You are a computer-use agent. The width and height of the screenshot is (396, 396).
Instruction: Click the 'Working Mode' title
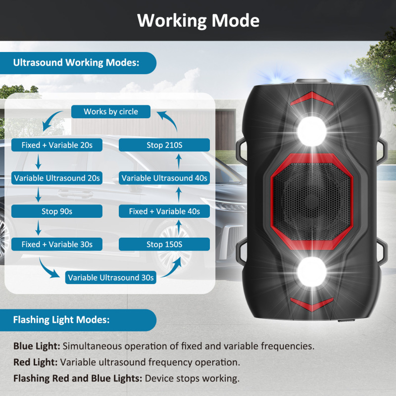[x=198, y=20]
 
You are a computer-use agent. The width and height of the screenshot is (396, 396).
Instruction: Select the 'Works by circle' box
[x=111, y=111]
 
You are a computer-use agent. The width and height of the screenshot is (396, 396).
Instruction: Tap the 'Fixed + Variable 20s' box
[x=57, y=145]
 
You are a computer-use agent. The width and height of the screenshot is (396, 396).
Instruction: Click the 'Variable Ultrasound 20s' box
[x=57, y=178]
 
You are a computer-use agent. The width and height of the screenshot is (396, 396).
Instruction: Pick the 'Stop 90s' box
[x=57, y=211]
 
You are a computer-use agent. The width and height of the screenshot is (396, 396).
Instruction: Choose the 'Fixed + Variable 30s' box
[x=57, y=244]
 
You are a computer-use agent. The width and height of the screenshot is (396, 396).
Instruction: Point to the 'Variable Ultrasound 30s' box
[x=111, y=277]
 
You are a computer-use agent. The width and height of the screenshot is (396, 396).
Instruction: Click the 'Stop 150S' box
[x=164, y=244]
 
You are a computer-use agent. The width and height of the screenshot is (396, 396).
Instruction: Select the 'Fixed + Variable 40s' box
[x=164, y=211]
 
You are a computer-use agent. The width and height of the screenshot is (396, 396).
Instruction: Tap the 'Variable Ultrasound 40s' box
[x=164, y=178]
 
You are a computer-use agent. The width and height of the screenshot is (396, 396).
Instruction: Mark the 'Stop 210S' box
[x=164, y=145]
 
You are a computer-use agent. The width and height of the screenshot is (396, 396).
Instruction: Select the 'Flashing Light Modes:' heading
[x=61, y=320]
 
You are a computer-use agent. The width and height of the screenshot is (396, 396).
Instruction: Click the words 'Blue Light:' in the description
[x=37, y=346]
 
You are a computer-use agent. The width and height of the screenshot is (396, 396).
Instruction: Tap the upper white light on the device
[x=311, y=130]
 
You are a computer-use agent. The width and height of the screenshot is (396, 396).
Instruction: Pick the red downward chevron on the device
[x=311, y=303]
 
